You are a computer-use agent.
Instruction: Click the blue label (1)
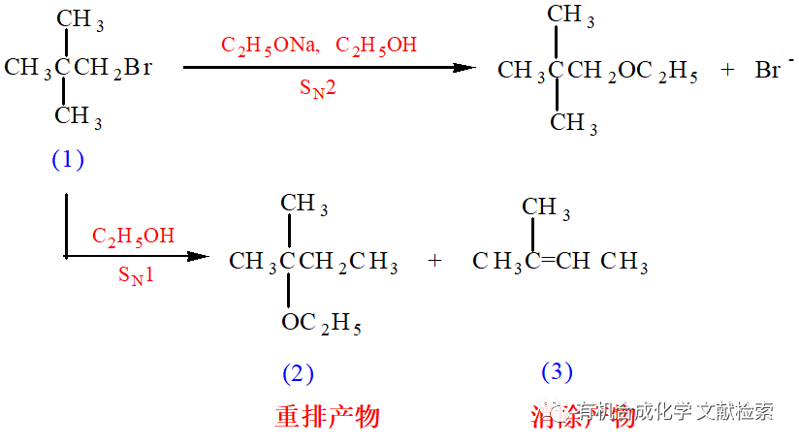(68, 160)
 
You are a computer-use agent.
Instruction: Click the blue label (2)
(298, 373)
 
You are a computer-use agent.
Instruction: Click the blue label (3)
(557, 371)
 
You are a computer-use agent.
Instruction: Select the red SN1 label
(136, 275)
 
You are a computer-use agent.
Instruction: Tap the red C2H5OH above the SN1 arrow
(134, 236)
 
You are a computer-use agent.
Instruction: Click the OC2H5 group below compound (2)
(322, 324)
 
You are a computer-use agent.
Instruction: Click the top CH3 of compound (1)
(80, 20)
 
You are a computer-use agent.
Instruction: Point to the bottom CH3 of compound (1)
(79, 116)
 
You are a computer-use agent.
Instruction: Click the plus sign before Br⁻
(728, 71)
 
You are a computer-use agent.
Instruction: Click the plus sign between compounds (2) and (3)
(434, 261)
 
